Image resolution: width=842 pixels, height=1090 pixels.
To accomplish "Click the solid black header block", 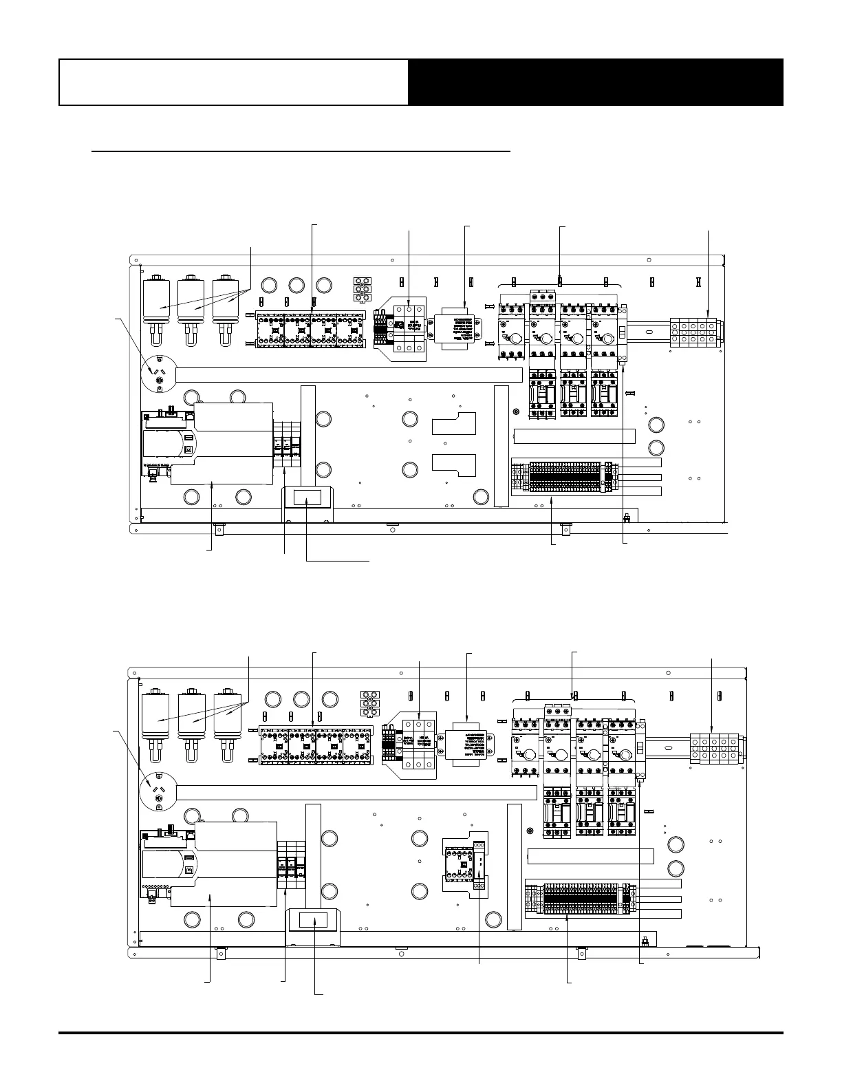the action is pyautogui.click(x=595, y=82).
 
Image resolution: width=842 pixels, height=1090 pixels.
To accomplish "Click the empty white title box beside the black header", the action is pyautogui.click(x=233, y=82).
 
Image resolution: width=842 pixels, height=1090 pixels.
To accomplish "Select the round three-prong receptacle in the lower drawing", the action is pyautogui.click(x=158, y=793).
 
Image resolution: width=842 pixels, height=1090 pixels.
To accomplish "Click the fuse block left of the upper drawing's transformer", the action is pyautogui.click(x=409, y=329).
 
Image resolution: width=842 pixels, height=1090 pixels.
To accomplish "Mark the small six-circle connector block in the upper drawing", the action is pyautogui.click(x=363, y=290).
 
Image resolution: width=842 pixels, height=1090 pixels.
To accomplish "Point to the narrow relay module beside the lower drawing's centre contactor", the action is pyautogui.click(x=479, y=863).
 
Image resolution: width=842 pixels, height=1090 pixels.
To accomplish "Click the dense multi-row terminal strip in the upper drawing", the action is pyautogui.click(x=564, y=477).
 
